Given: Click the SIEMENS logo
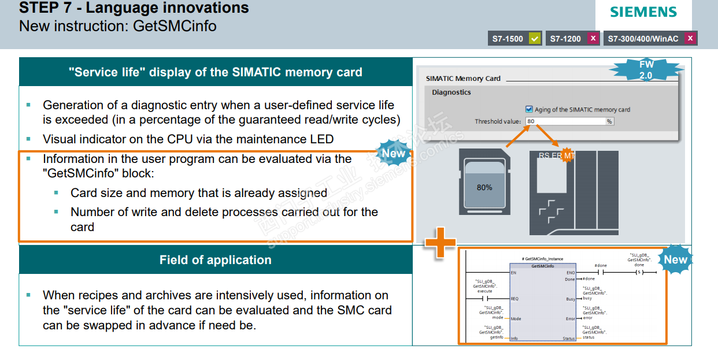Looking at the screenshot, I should pos(643,12).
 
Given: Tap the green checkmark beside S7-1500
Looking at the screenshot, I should pos(535,39).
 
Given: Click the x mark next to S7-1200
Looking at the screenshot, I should pos(593,39).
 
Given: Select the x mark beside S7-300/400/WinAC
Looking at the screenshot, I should pos(690,39).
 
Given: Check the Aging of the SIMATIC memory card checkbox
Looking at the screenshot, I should pos(528,109).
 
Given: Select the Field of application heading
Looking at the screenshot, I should pos(215,260).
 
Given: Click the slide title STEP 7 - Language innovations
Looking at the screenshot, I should pos(134,8).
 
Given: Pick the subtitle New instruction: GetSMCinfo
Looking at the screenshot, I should pos(118,26).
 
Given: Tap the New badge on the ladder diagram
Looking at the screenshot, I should pos(675,259).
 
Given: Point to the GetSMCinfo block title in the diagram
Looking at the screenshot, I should pos(542,266).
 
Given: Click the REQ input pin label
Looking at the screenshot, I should pos(515,299).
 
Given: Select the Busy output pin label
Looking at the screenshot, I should pos(571,299).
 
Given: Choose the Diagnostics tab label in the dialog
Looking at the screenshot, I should pos(451,92).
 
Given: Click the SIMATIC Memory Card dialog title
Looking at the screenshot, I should pos(463,79).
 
